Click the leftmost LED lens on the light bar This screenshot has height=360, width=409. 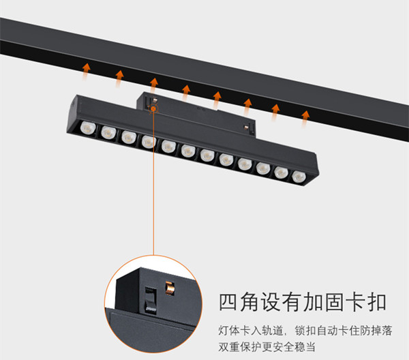(x=88, y=128)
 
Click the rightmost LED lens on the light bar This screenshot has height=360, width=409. (x=299, y=177)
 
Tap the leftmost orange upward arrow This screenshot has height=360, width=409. (x=86, y=71)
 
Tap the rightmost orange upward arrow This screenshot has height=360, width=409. (x=305, y=119)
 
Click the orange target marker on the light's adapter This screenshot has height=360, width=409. (x=153, y=108)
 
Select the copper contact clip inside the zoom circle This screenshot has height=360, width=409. (x=170, y=288)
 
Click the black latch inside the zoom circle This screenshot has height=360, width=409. (x=151, y=300)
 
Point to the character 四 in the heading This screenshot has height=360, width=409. (x=228, y=302)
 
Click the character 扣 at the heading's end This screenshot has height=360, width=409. (x=377, y=302)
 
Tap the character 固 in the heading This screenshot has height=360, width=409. (x=335, y=302)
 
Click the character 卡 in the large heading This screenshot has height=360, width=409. (x=355, y=302)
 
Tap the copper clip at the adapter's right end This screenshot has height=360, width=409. (x=245, y=127)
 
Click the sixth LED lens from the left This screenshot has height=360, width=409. (x=188, y=151)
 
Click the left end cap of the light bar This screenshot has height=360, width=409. (x=72, y=113)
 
